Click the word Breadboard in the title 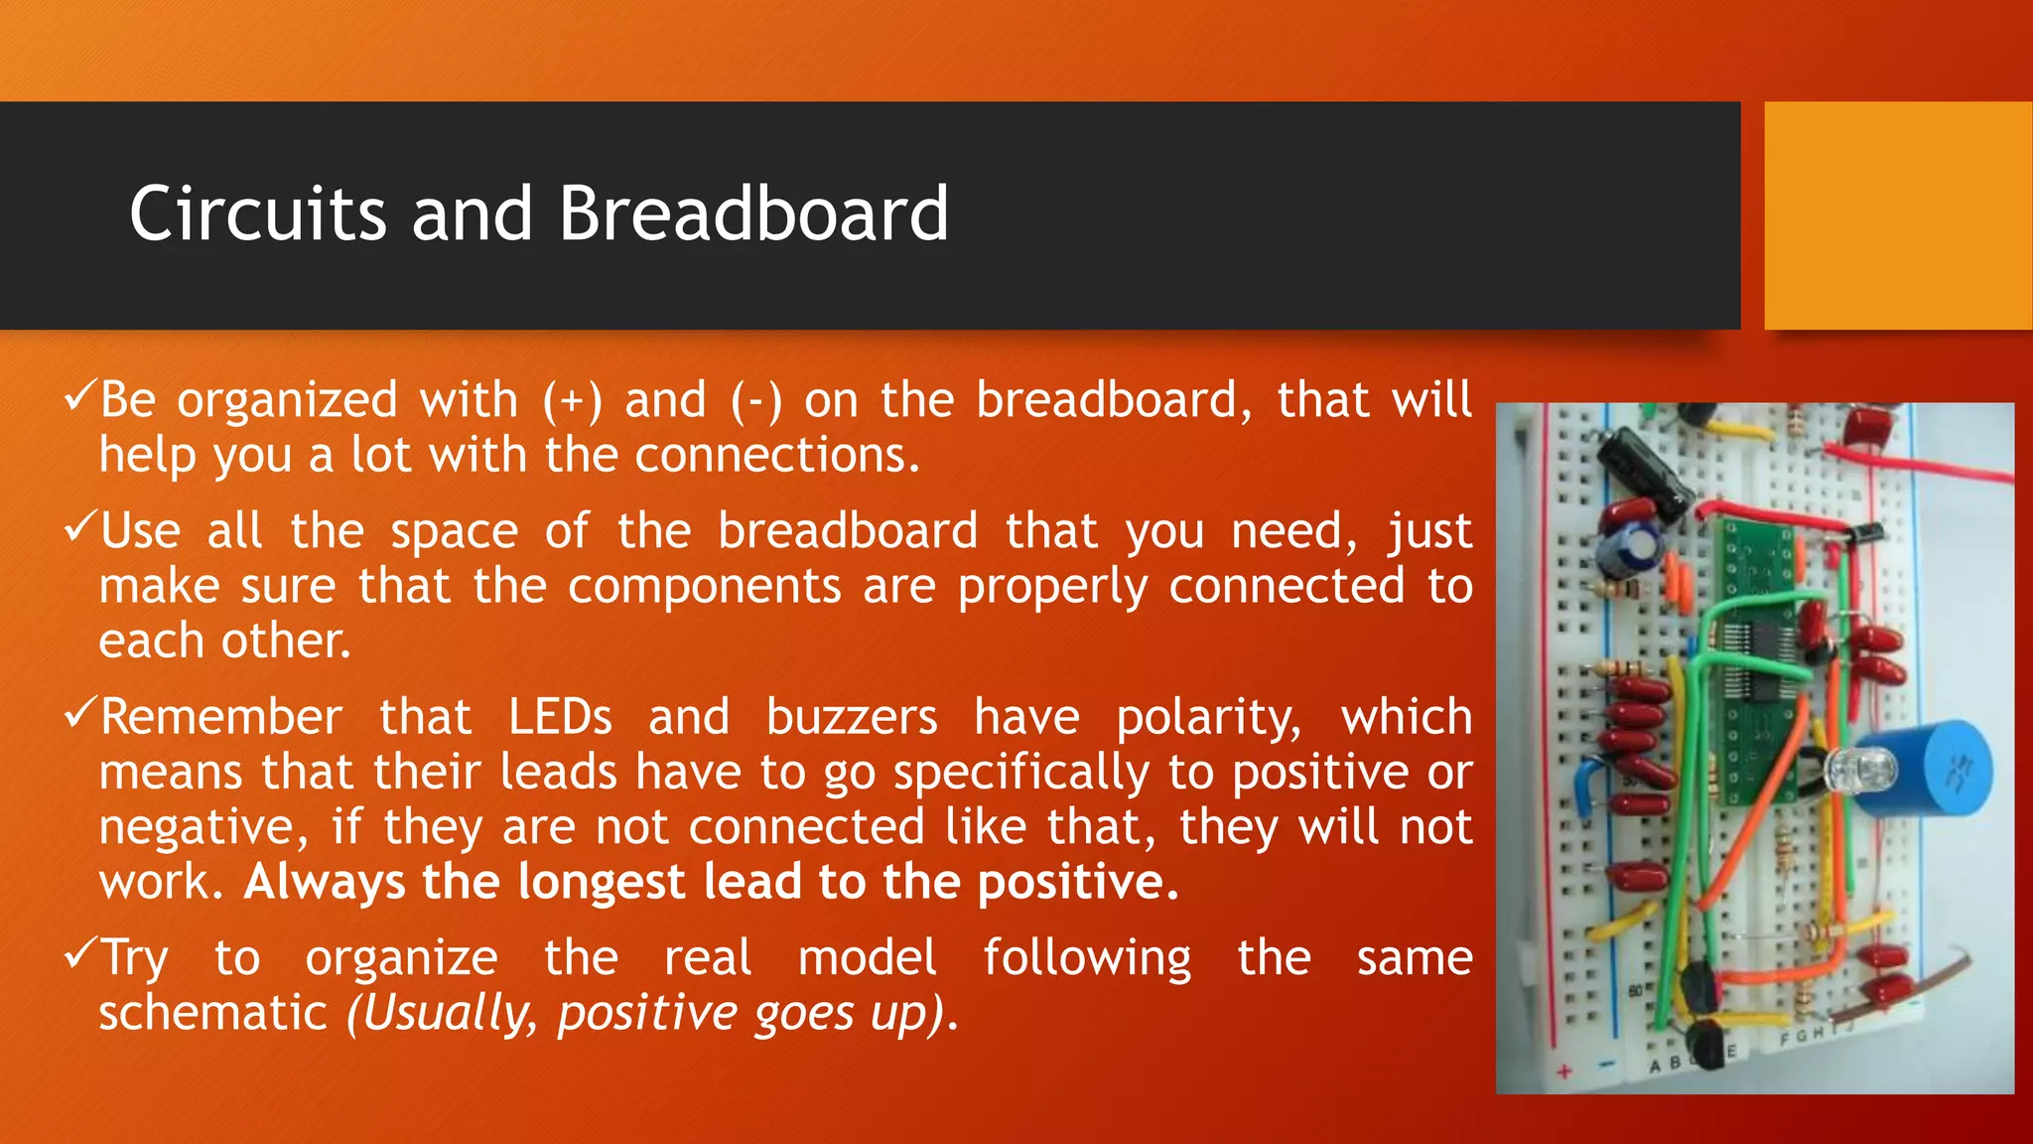(752, 214)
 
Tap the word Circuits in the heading (257, 214)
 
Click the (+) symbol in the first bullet (573, 400)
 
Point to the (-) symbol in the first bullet (756, 400)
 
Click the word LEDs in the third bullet (560, 717)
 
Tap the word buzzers (851, 717)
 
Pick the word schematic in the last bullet (212, 1013)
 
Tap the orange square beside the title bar (1897, 214)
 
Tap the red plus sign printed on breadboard (1564, 1072)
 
